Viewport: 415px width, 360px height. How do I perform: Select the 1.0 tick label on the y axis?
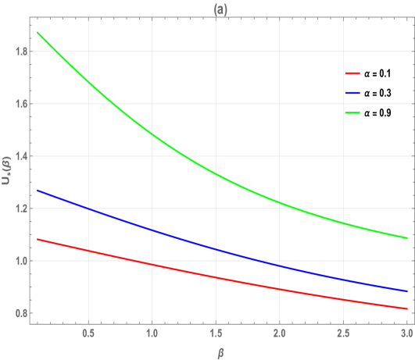pyautogui.click(x=20, y=261)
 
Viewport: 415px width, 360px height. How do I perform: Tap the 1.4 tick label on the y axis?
pyautogui.click(x=20, y=156)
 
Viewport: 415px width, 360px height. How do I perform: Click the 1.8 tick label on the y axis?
pyautogui.click(x=20, y=52)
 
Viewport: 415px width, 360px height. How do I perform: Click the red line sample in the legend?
pyautogui.click(x=352, y=73)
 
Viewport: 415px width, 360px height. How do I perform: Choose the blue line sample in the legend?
pyautogui.click(x=352, y=93)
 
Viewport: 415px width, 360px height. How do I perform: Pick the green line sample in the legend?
pyautogui.click(x=352, y=113)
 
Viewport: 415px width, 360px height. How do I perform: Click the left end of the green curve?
pyautogui.click(x=38, y=32)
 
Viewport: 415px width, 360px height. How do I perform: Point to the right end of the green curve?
pyautogui.click(x=406, y=237)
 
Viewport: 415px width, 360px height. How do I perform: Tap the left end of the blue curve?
pyautogui.click(x=38, y=190)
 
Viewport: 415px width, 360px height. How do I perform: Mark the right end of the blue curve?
pyautogui.click(x=406, y=290)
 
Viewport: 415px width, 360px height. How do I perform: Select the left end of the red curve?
pyautogui.click(x=38, y=239)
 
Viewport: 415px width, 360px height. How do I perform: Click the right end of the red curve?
pyautogui.click(x=406, y=308)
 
